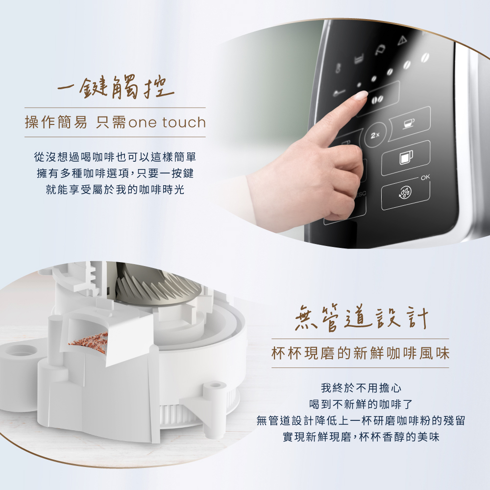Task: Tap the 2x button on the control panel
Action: pyautogui.click(x=375, y=135)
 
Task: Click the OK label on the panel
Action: pyautogui.click(x=425, y=177)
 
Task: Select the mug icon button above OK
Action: pyautogui.click(x=406, y=157)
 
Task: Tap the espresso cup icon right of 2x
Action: pyautogui.click(x=409, y=122)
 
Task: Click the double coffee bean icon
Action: pyautogui.click(x=377, y=99)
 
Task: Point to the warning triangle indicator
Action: pyautogui.click(x=402, y=40)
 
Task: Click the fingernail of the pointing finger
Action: pyautogui.click(x=362, y=95)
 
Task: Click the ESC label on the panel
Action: pyautogui.click(x=360, y=194)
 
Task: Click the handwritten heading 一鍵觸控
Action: pyautogui.click(x=115, y=87)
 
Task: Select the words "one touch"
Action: pyautogui.click(x=167, y=122)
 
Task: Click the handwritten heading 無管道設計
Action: pyautogui.click(x=361, y=318)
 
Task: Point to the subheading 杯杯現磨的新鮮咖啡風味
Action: pyautogui.click(x=360, y=353)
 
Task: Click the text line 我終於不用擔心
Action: pyautogui.click(x=361, y=388)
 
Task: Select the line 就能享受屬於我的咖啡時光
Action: pyautogui.click(x=115, y=189)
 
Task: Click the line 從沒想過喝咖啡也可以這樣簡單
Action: pyautogui.click(x=115, y=157)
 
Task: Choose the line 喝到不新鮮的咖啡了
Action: pyautogui.click(x=361, y=404)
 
